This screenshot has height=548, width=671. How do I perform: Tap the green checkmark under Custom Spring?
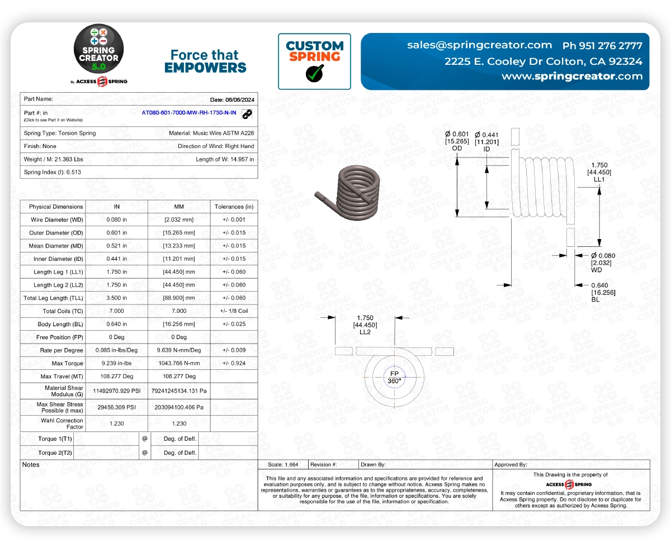[x=314, y=73]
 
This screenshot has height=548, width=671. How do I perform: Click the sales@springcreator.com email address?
[x=480, y=45]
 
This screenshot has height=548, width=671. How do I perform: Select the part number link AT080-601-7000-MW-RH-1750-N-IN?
[x=189, y=113]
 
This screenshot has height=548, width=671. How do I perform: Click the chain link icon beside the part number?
[x=247, y=113]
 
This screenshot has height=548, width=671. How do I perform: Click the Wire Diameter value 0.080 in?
[x=116, y=220]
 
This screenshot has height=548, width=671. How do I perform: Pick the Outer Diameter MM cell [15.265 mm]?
[x=179, y=233]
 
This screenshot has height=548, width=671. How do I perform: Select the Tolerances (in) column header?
[x=234, y=207]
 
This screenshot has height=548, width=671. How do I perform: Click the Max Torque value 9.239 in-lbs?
[x=116, y=364]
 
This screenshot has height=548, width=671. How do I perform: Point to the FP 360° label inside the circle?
[x=394, y=377]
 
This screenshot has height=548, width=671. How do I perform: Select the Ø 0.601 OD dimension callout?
[x=456, y=141]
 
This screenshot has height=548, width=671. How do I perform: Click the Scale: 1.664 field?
[x=283, y=465]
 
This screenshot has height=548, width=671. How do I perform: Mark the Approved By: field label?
[x=511, y=465]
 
